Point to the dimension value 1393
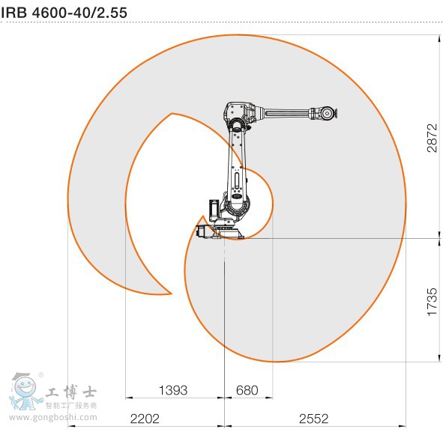click(173, 390)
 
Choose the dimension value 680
click(247, 390)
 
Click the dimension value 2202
click(145, 417)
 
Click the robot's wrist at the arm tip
click(327, 114)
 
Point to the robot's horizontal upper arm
click(285, 115)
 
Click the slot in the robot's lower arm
click(238, 180)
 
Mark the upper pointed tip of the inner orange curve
click(172, 114)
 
